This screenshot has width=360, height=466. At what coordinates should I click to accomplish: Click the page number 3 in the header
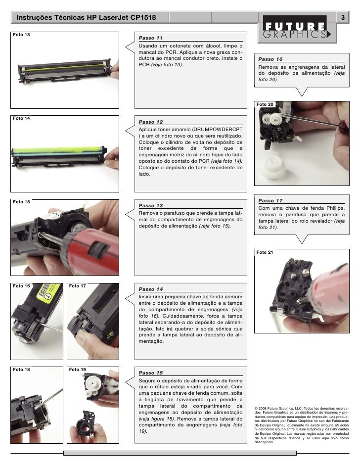pyautogui.click(x=343, y=17)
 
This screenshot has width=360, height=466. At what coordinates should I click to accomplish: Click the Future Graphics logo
pyautogui.click(x=297, y=29)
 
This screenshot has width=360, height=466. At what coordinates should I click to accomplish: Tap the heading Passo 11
pyautogui.click(x=151, y=38)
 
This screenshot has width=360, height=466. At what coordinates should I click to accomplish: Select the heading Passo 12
pyautogui.click(x=151, y=122)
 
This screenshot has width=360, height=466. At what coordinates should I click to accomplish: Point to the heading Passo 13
pyautogui.click(x=151, y=205)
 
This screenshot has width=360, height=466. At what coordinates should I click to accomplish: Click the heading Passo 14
pyautogui.click(x=151, y=289)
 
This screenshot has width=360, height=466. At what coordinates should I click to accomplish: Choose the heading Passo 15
pyautogui.click(x=151, y=373)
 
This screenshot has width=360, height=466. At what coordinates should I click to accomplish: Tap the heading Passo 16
pyautogui.click(x=270, y=59)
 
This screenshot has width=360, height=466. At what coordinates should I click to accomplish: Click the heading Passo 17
pyautogui.click(x=270, y=201)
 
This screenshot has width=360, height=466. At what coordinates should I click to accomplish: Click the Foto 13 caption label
pyautogui.click(x=21, y=35)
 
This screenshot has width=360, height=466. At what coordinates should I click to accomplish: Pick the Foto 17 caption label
pyautogui.click(x=77, y=286)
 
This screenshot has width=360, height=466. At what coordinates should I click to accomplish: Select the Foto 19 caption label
pyautogui.click(x=77, y=370)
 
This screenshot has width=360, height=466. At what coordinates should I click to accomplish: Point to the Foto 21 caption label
pyautogui.click(x=265, y=252)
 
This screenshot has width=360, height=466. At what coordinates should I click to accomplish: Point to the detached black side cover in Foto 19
pyautogui.click(x=85, y=422)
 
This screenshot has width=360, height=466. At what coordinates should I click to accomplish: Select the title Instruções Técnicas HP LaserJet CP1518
pyautogui.click(x=86, y=17)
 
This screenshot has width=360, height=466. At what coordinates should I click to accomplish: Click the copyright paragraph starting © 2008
pyautogui.click(x=302, y=425)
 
